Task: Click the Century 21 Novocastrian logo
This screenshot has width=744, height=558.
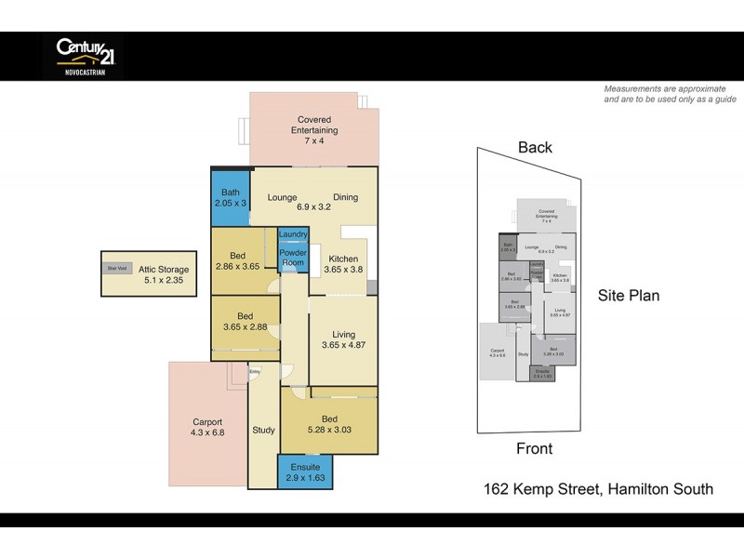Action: click(x=84, y=55)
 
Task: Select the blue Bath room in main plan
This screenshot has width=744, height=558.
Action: click(x=229, y=196)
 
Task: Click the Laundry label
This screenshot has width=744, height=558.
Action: click(x=294, y=234)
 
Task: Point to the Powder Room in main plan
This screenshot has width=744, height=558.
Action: click(x=294, y=258)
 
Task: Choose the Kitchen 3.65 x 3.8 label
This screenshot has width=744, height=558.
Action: click(x=342, y=263)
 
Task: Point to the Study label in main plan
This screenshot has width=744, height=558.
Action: click(x=263, y=430)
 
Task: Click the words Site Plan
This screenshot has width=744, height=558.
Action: click(x=629, y=296)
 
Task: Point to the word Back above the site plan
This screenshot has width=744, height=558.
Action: click(x=535, y=147)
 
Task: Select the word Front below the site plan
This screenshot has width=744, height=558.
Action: click(x=534, y=448)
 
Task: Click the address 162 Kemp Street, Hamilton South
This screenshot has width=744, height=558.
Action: click(x=598, y=488)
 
